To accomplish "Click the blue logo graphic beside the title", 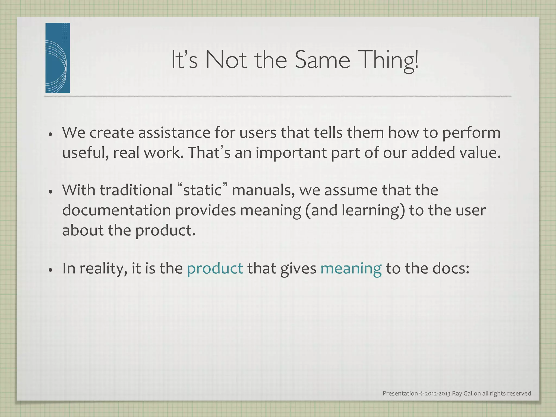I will (x=58, y=58).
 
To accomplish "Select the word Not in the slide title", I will (x=226, y=60).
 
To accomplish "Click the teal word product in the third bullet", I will (x=215, y=268).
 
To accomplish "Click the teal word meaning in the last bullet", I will (x=351, y=268).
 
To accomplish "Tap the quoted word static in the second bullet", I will (x=203, y=190).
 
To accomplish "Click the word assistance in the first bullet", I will (x=174, y=133).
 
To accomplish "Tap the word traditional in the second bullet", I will (x=136, y=190).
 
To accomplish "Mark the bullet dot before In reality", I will (x=50, y=270).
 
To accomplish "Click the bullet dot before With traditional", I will (x=50, y=192).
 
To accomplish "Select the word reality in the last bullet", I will (x=103, y=269).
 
